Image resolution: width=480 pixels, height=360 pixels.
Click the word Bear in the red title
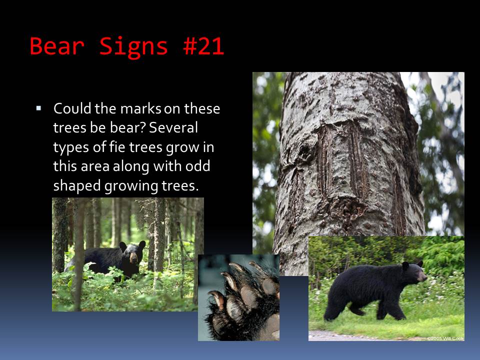[x=57, y=46]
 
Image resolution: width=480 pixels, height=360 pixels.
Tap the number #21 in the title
[x=203, y=46]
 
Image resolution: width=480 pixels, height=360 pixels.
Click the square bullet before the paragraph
[x=38, y=108]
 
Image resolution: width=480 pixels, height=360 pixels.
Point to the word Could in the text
[x=72, y=108]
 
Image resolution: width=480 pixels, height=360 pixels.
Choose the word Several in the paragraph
[x=173, y=127]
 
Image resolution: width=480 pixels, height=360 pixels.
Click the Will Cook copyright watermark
[x=445, y=338]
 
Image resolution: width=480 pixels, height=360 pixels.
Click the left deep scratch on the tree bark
[x=324, y=159]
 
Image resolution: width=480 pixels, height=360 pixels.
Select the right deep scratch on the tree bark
[x=358, y=159]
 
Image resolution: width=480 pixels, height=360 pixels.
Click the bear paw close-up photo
[x=238, y=297]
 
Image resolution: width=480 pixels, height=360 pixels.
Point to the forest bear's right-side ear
[x=142, y=244]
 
